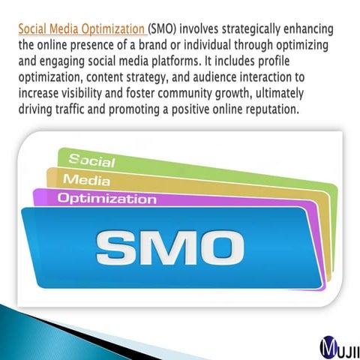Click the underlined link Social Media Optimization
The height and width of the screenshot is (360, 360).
click(x=82, y=30)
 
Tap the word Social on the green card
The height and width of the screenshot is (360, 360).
click(x=92, y=160)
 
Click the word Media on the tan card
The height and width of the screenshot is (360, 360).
click(x=86, y=180)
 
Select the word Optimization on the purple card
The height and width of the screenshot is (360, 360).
click(x=106, y=199)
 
